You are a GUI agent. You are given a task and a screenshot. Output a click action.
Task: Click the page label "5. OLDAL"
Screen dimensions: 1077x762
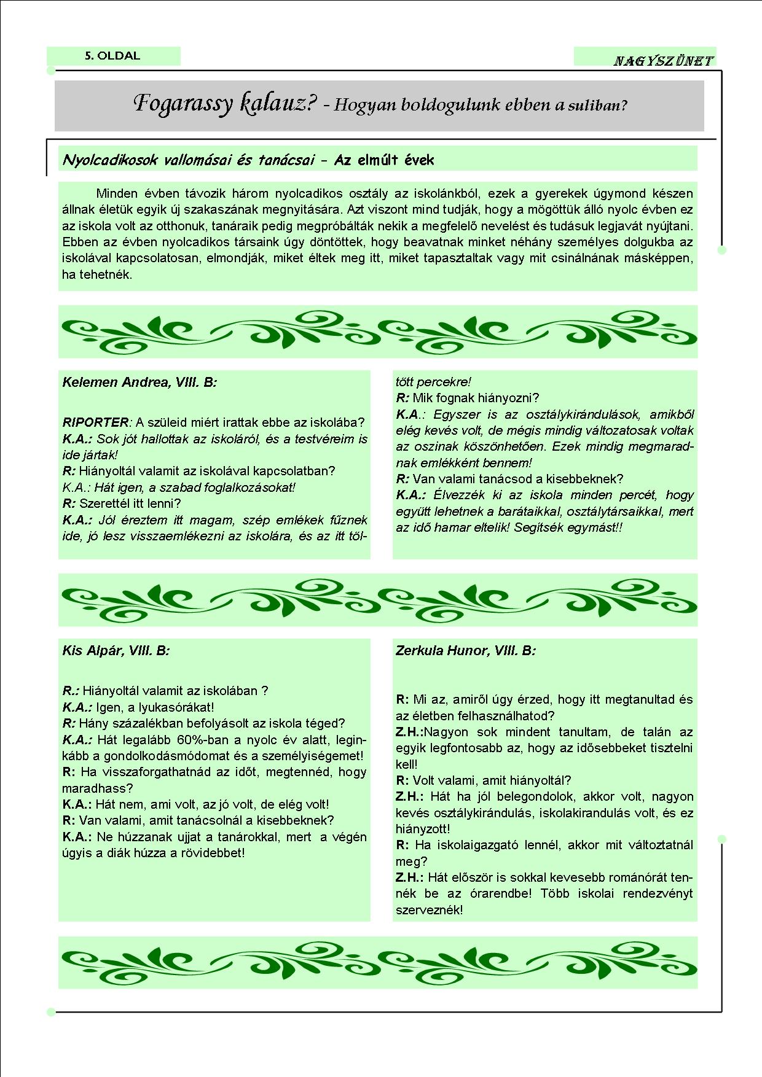(x=112, y=56)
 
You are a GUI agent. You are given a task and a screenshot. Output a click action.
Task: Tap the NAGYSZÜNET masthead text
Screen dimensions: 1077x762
(x=663, y=61)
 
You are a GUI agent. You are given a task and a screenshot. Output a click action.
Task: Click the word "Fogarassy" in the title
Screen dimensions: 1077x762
(x=183, y=104)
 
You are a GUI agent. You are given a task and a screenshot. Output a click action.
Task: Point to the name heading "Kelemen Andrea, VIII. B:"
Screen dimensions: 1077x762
(x=139, y=383)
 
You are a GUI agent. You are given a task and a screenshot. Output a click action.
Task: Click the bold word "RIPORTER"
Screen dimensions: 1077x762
(x=96, y=422)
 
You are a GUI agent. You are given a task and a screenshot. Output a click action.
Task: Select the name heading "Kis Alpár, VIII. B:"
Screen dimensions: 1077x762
(x=116, y=651)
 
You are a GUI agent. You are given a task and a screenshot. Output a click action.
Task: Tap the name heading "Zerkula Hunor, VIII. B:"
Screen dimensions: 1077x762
(x=465, y=651)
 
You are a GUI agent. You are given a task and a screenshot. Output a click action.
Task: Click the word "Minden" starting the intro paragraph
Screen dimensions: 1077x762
(x=117, y=193)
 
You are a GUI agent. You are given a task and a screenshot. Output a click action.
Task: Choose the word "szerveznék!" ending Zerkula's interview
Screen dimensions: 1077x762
(x=429, y=910)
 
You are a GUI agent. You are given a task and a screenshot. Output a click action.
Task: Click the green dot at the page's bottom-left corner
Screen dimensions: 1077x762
(x=51, y=1013)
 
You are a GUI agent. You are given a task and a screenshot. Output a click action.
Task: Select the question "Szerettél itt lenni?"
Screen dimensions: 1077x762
(x=130, y=504)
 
